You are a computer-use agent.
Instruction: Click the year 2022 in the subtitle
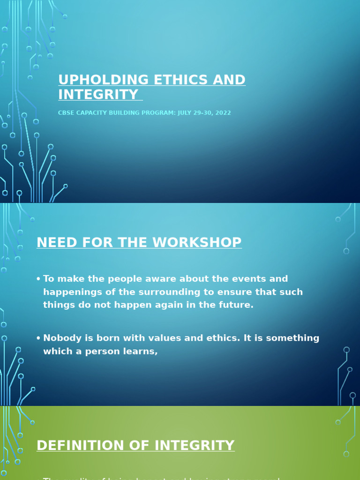click(x=223, y=113)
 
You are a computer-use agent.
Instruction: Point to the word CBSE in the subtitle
click(x=66, y=113)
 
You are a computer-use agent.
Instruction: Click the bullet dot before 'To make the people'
click(x=38, y=279)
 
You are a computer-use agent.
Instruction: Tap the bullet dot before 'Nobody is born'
click(x=38, y=338)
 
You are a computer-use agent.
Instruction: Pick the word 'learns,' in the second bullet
click(x=140, y=351)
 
